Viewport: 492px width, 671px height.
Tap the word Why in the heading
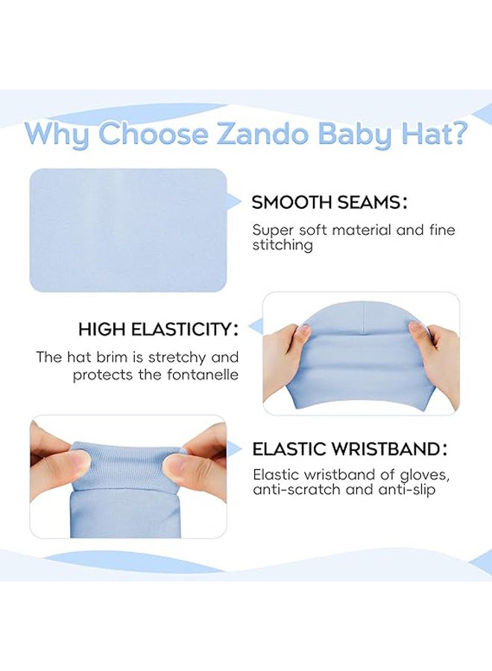tap(58, 135)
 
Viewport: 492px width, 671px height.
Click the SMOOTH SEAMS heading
tap(329, 202)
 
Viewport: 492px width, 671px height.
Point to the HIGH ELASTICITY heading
tap(158, 329)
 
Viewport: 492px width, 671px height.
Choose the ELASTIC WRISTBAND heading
tap(350, 449)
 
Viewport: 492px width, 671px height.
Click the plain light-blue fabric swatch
tap(127, 230)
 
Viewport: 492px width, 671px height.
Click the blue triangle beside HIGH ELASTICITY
tap(255, 327)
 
